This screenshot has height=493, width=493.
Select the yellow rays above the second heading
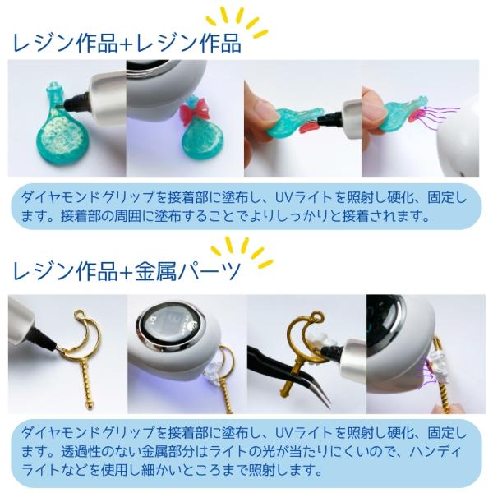[x=242, y=251]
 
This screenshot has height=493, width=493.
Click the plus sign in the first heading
[x=127, y=44]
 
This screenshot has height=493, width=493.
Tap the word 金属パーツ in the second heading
[x=189, y=271]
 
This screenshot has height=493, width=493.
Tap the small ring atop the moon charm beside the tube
[x=81, y=315]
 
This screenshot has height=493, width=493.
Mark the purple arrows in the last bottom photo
[x=427, y=373]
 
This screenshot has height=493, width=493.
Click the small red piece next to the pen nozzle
[x=308, y=127]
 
